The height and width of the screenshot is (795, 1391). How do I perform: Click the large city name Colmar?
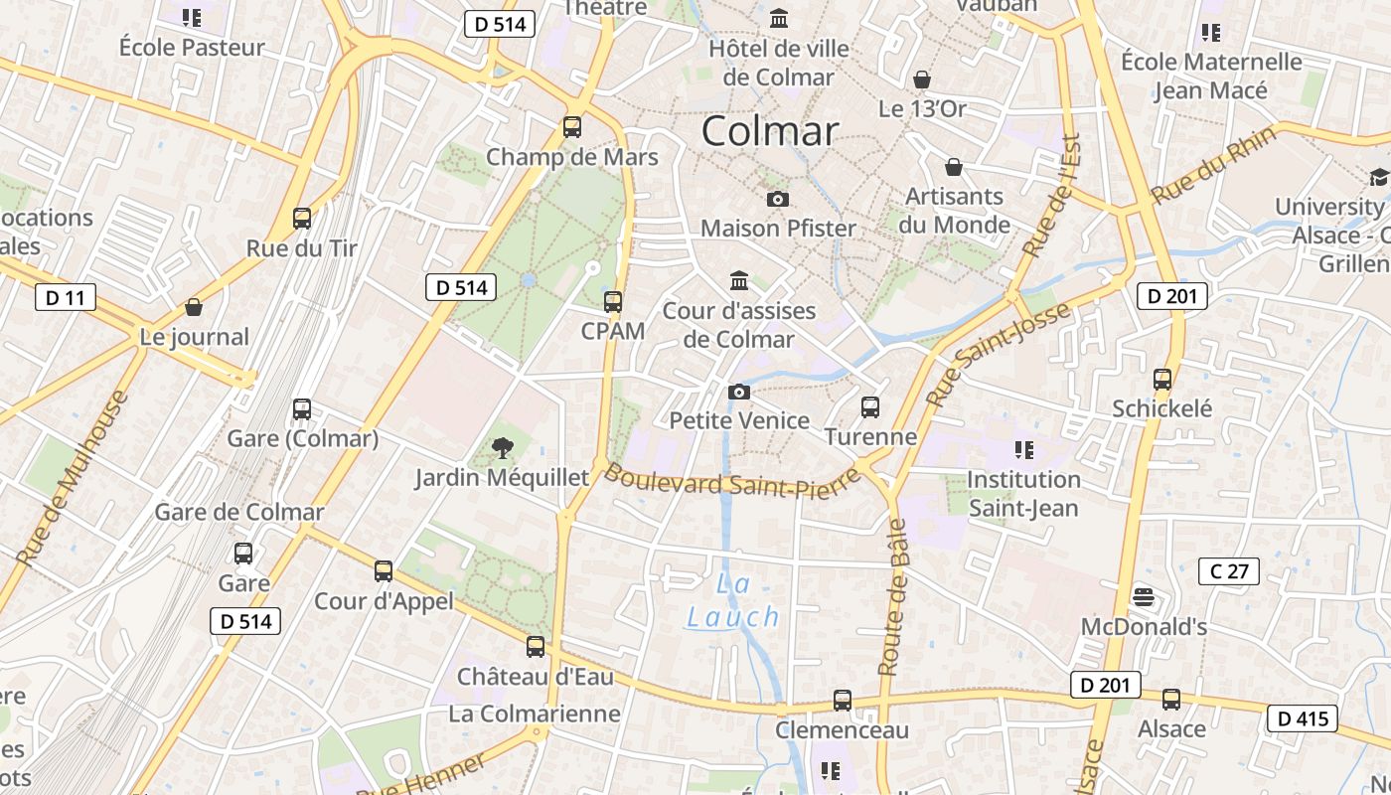(x=770, y=131)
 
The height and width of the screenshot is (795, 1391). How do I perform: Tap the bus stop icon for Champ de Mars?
(x=571, y=127)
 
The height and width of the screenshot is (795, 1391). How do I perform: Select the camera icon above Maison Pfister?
(x=778, y=199)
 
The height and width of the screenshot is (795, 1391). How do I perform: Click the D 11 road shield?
(x=66, y=296)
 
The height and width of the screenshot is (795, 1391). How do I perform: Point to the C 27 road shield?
(x=1229, y=570)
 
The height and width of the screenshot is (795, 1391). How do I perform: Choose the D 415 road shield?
(x=1302, y=718)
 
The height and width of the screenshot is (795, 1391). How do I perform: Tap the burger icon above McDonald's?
(x=1144, y=597)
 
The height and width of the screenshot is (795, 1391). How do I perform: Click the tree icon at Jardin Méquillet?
(x=503, y=447)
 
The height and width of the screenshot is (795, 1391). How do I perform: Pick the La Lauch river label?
(x=733, y=601)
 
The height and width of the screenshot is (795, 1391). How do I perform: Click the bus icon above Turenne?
(x=869, y=406)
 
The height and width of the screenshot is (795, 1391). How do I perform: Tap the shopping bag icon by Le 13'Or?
(x=922, y=79)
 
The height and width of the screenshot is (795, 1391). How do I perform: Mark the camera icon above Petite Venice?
(x=738, y=392)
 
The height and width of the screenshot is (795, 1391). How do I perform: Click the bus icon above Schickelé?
(x=1161, y=379)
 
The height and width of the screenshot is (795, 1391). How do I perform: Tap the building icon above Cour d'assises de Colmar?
(x=738, y=280)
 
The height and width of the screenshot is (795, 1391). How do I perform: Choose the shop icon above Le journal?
(x=194, y=307)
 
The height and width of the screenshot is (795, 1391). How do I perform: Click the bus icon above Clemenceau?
(x=842, y=700)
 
